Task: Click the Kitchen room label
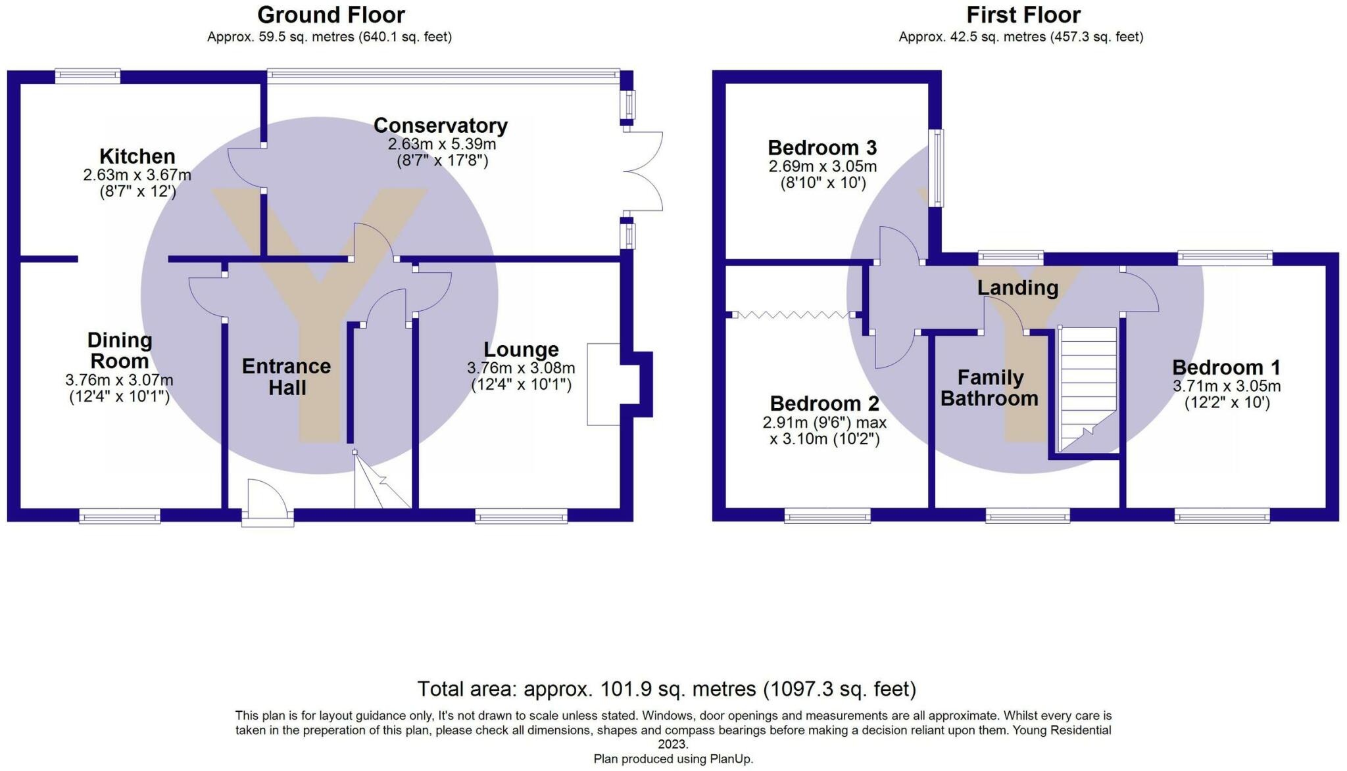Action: (137, 156)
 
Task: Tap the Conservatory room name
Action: (441, 125)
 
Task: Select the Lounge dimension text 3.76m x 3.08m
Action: (521, 368)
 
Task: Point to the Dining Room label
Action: (120, 350)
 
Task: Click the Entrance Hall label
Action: (287, 377)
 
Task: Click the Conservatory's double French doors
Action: (643, 171)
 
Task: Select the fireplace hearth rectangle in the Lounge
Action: (604, 384)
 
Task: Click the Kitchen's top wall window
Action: (87, 76)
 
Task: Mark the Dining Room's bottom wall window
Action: (120, 516)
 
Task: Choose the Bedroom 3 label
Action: (822, 148)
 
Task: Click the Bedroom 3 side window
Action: (936, 168)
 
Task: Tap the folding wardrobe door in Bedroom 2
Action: (794, 315)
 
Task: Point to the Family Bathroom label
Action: (990, 388)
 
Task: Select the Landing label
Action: (1017, 288)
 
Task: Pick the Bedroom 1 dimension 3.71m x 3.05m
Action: (1227, 386)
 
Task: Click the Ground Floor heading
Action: (331, 14)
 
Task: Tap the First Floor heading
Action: (1023, 14)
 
